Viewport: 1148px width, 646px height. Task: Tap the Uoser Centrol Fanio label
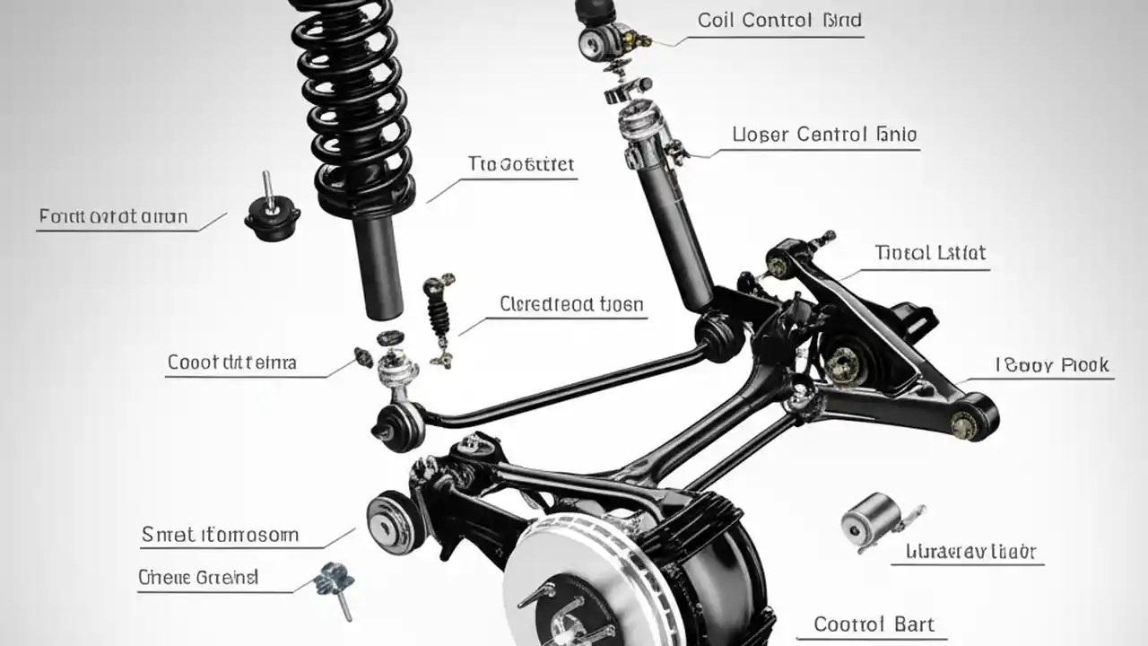[x=824, y=135]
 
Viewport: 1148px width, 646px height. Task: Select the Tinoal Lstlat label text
[x=930, y=253]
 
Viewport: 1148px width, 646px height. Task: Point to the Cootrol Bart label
[x=874, y=624]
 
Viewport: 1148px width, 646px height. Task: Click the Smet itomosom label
[x=220, y=536]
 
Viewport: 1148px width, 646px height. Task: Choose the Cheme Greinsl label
[x=198, y=578]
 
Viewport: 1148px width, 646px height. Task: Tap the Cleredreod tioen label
[x=571, y=304]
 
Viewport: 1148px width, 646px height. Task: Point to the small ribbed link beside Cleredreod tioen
[x=438, y=318]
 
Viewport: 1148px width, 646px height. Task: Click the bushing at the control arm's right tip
[x=973, y=418]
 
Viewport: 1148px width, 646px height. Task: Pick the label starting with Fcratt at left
[x=114, y=216]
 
